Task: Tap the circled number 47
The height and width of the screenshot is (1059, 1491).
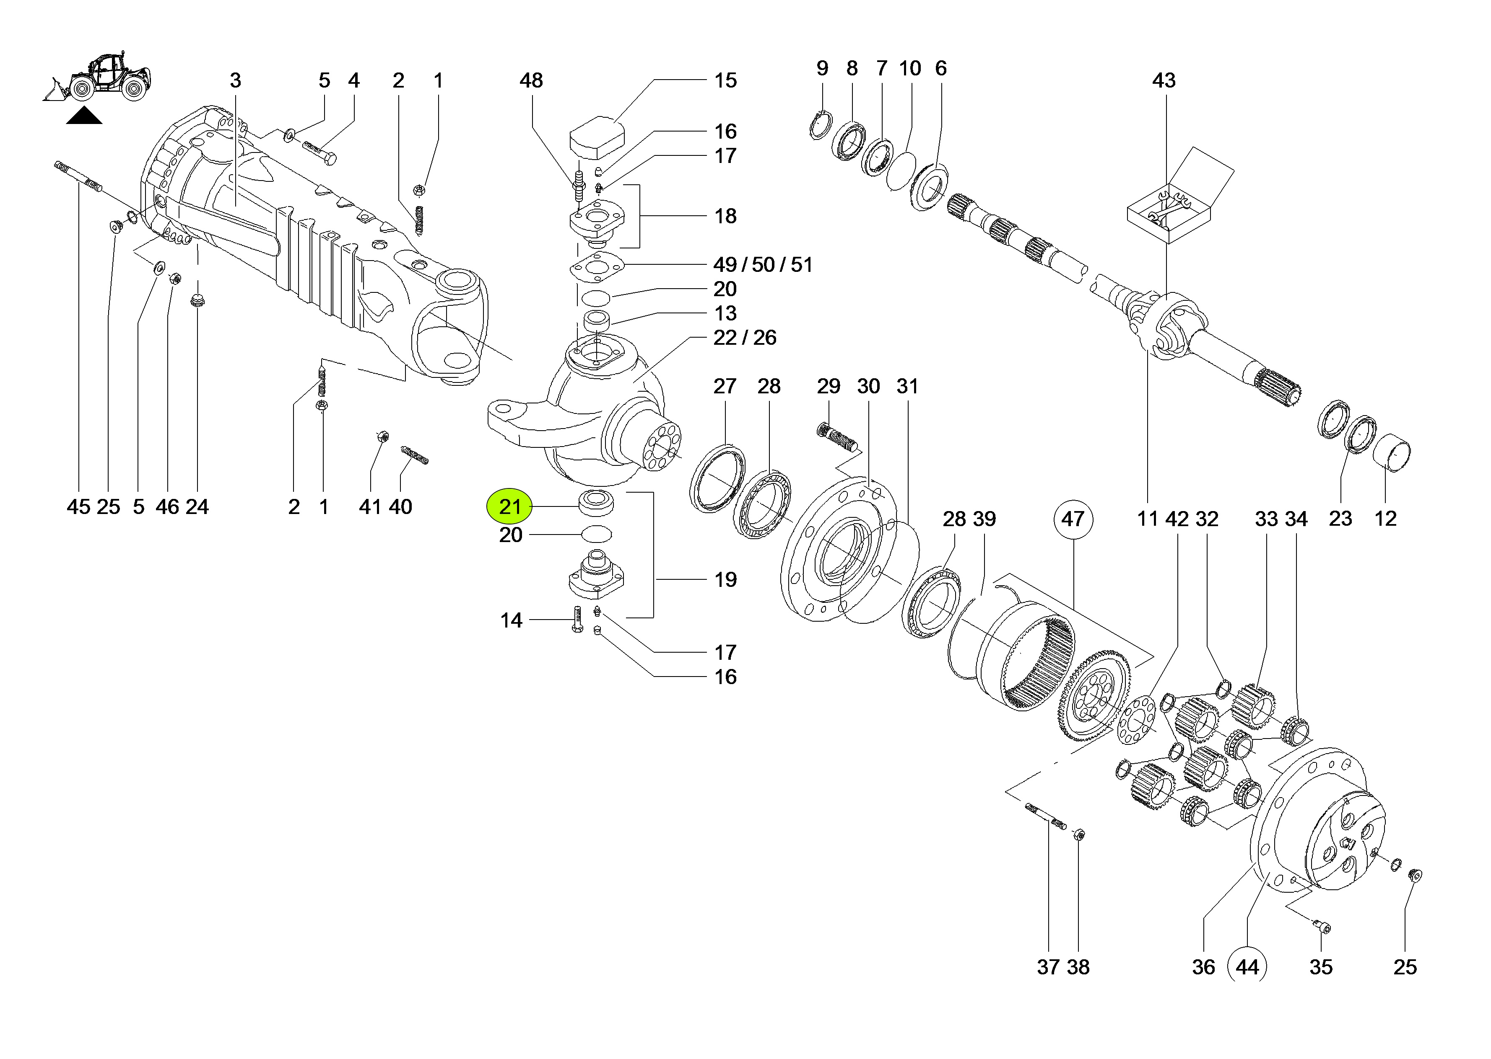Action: (1072, 519)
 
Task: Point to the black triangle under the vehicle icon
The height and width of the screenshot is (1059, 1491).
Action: (84, 117)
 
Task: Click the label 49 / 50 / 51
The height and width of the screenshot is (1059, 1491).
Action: (763, 265)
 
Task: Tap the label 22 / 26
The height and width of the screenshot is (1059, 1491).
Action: (745, 338)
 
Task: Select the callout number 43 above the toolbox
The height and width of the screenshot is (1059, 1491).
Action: (1164, 80)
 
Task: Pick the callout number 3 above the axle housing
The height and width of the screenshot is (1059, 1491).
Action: (236, 80)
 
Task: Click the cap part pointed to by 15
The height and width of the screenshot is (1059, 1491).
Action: (597, 137)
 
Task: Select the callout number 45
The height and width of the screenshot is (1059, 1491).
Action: (78, 507)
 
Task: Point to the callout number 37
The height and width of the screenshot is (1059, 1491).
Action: (1047, 967)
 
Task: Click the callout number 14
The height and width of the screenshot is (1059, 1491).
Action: (511, 620)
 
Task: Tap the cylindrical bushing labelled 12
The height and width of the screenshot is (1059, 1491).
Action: (1391, 452)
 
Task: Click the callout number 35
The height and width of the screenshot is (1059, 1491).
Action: (1321, 967)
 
